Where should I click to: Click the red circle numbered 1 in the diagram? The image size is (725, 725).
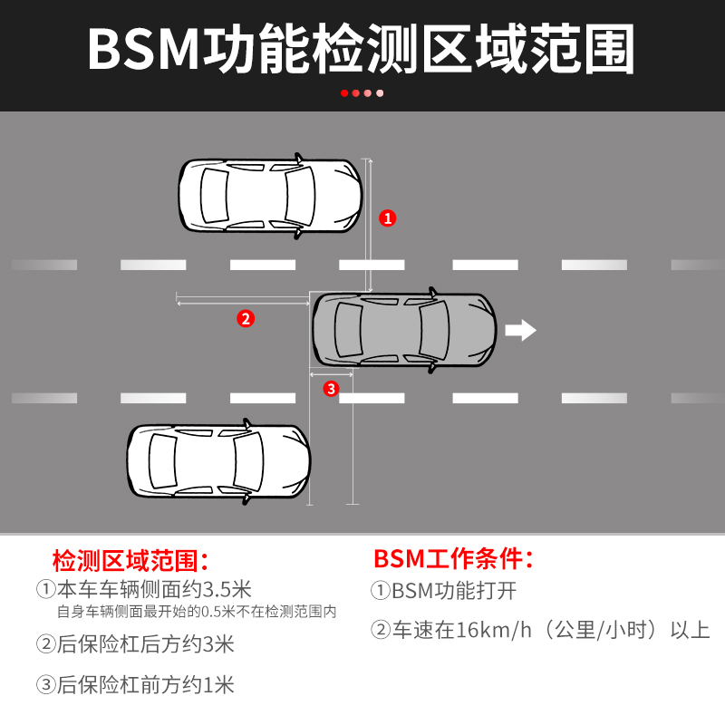(x=388, y=217)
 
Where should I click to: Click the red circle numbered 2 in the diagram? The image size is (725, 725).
(x=245, y=318)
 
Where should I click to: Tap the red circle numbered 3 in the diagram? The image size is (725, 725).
(x=330, y=389)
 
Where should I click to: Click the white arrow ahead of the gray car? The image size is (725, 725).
(x=520, y=330)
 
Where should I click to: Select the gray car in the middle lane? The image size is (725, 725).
(x=404, y=329)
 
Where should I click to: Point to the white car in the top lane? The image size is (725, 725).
(x=270, y=196)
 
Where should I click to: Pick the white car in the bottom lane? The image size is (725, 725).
(x=218, y=462)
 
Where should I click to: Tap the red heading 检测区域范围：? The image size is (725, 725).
(x=131, y=557)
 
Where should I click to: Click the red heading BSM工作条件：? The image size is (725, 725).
(x=453, y=556)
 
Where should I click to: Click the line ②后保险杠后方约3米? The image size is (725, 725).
(x=135, y=644)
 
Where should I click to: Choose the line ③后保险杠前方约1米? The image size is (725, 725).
(x=135, y=685)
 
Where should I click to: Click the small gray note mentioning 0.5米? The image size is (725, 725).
(x=196, y=612)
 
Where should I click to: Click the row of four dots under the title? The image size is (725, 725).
(x=362, y=92)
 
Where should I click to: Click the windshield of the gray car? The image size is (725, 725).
(x=433, y=329)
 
